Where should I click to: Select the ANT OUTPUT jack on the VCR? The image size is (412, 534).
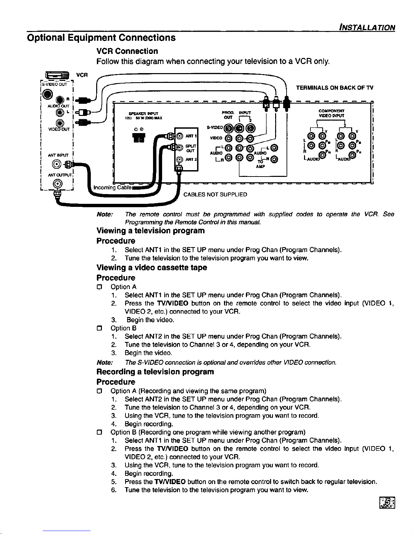[x=59, y=183]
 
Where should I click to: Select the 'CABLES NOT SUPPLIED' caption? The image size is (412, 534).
[x=215, y=195]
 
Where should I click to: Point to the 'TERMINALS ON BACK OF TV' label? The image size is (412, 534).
[x=334, y=88]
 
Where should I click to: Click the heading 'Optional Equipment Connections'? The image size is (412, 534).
[x=101, y=37]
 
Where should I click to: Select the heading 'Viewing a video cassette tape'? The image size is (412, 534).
[x=152, y=268]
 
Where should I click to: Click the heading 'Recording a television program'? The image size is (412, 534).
[x=155, y=372]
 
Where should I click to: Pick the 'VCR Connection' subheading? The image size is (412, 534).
[x=127, y=51]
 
